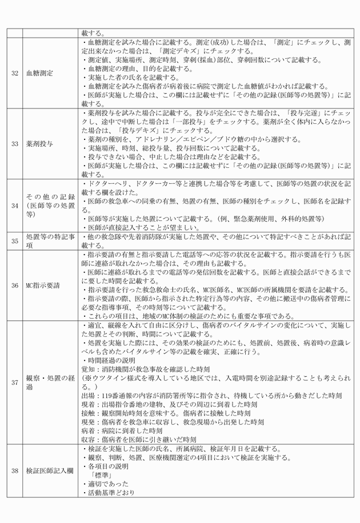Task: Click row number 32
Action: pos(14,73)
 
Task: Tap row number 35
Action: pos(14,240)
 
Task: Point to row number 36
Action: pos(14,285)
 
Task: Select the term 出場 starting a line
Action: pos(89,395)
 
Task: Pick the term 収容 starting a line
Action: pos(89,440)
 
